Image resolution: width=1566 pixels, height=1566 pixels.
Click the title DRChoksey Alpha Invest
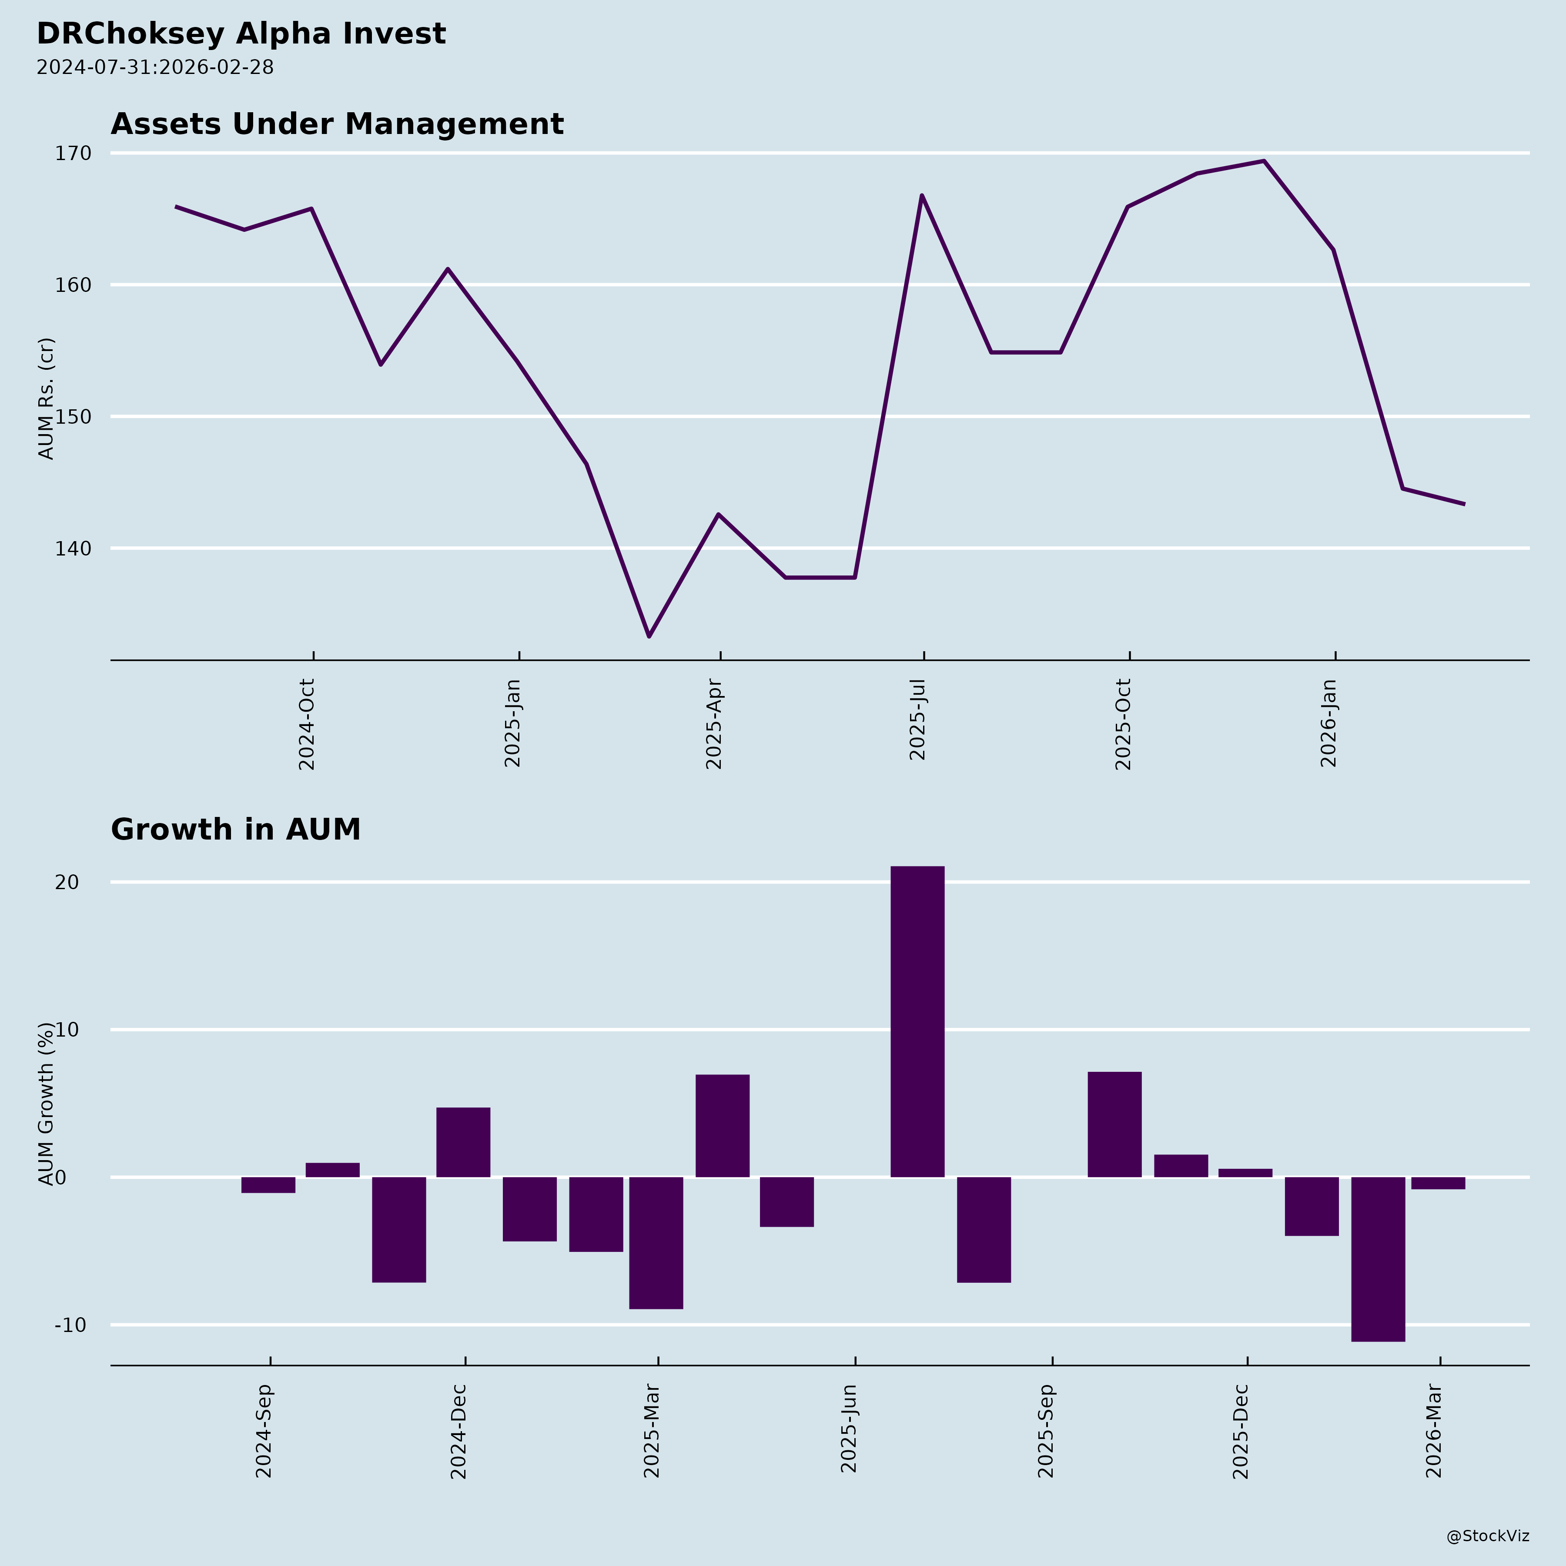click(241, 34)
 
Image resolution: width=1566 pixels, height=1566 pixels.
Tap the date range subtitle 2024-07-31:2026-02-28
click(155, 67)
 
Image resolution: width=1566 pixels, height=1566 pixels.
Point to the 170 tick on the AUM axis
click(73, 153)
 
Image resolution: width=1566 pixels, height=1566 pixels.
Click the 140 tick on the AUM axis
click(73, 549)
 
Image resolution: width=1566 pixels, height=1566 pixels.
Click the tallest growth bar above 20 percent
click(917, 1021)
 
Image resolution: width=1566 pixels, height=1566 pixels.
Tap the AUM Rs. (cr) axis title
click(46, 399)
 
